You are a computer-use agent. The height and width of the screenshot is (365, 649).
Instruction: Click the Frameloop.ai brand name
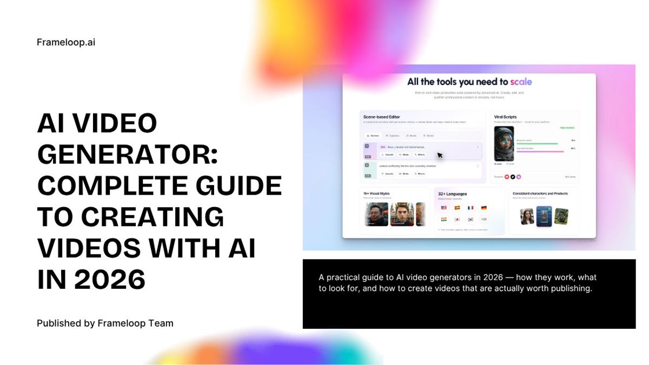coord(66,42)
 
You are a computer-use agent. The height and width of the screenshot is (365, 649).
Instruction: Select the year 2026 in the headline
coord(110,280)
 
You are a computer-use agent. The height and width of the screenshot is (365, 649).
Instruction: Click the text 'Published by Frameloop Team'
coord(105,323)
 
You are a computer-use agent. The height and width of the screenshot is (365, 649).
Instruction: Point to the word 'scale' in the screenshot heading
coord(521,82)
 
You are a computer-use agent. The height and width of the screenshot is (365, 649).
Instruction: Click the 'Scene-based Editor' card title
coord(381,116)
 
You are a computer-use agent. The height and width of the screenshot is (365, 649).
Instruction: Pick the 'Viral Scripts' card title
coord(506,116)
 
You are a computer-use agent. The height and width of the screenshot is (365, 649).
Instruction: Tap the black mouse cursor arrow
coord(440,155)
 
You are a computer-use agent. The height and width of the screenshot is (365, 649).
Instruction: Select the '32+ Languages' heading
coord(453,194)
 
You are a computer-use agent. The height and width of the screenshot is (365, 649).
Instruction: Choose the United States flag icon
coord(443,208)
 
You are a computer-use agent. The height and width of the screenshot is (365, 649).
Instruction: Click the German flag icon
coord(483,208)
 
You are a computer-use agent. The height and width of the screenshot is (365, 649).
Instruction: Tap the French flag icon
coord(470,208)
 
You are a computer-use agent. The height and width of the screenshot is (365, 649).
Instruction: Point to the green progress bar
coord(537,143)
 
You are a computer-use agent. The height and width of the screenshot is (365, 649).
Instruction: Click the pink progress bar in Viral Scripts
coord(540,151)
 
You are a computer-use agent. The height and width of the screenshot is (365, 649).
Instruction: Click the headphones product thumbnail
coord(561,216)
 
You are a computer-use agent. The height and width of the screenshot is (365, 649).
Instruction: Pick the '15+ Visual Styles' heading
coord(377,193)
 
